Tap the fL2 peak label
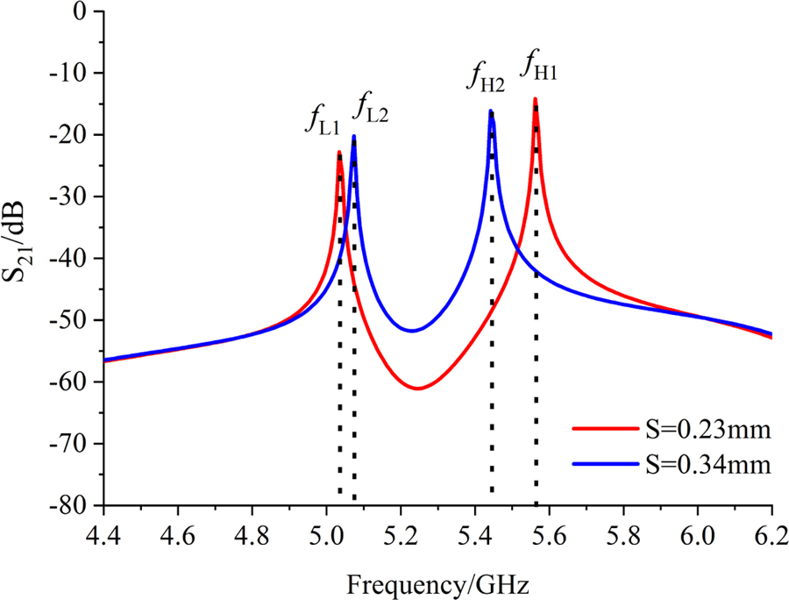[373, 106]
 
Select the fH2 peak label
[485, 81]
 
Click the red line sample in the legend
[602, 431]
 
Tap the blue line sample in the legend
[602, 464]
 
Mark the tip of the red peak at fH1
[535, 99]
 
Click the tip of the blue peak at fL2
[354, 136]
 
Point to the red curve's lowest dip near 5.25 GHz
[417, 388]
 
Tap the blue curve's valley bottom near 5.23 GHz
[411, 331]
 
